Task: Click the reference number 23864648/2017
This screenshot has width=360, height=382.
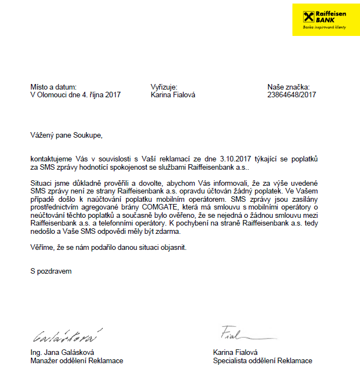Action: [x=291, y=95]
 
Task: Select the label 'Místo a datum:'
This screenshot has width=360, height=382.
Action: [x=53, y=87]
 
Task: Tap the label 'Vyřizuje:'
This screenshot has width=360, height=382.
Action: [x=164, y=87]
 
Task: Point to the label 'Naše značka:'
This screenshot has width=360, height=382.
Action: [x=288, y=87]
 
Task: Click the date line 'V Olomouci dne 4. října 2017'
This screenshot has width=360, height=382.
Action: [x=75, y=95]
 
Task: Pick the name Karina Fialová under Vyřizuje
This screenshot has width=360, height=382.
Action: [x=173, y=95]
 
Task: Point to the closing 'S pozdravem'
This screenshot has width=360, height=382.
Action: [x=51, y=271]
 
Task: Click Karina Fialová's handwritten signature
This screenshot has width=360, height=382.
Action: [x=236, y=333]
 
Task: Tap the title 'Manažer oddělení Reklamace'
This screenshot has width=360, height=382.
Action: [x=76, y=361]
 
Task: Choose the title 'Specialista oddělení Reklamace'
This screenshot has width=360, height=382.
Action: [x=262, y=361]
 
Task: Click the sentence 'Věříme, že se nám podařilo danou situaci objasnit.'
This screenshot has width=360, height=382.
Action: [x=109, y=247]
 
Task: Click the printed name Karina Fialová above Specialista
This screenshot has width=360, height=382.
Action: [x=235, y=353]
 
